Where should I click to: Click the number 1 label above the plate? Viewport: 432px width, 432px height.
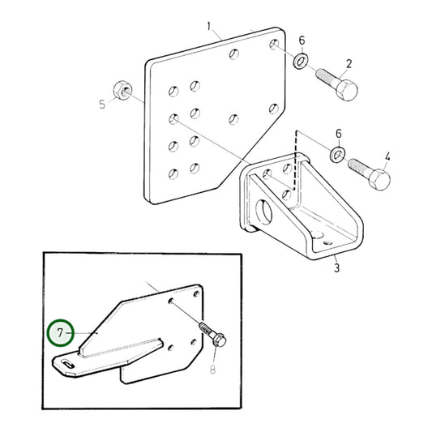coord(208,27)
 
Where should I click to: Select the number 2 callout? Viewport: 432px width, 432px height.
coord(349,64)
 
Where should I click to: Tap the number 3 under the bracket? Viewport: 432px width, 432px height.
coord(337,263)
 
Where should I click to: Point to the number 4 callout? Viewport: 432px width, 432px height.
coord(387,156)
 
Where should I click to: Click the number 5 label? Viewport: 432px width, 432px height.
coord(102,105)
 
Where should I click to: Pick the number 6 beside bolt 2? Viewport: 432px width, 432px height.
coord(302,41)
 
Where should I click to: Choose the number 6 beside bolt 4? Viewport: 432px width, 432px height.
coord(338,132)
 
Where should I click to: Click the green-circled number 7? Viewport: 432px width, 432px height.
coord(58,332)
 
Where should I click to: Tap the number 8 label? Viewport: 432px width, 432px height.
coord(212,371)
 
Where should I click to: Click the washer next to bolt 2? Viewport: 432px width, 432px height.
coord(301,62)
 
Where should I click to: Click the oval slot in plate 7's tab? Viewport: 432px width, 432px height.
coord(69,366)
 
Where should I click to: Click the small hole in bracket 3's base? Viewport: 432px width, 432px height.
coord(327,242)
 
